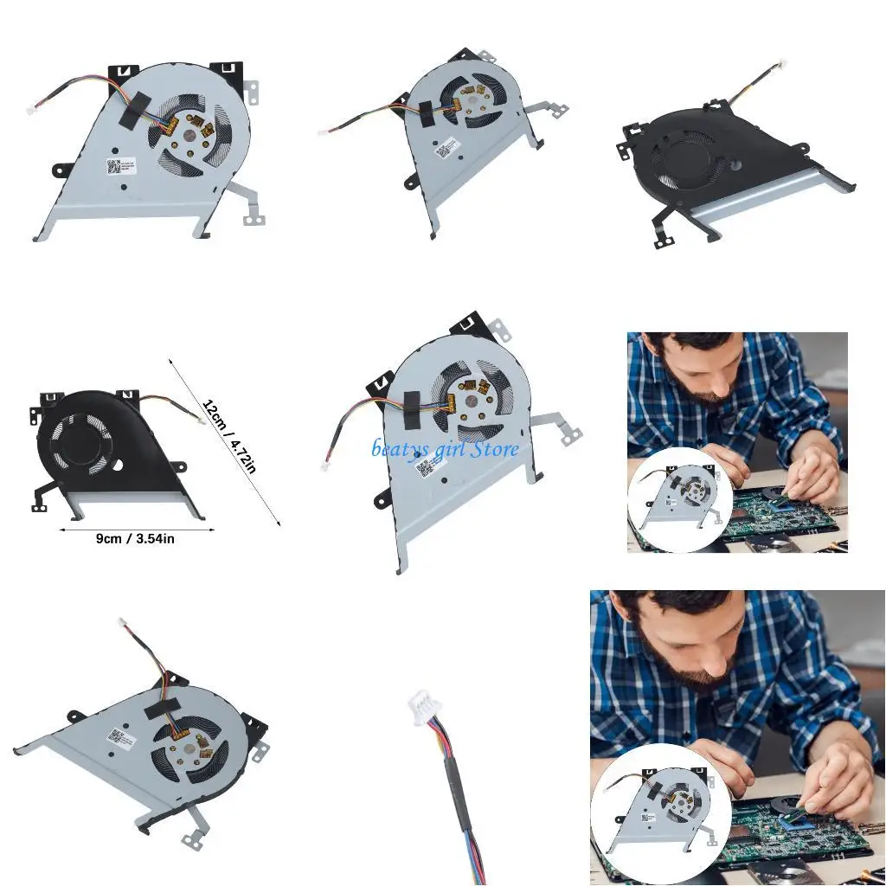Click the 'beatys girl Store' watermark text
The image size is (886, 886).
pyautogui.click(x=446, y=448)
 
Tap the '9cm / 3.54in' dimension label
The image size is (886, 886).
pyautogui.click(x=135, y=538)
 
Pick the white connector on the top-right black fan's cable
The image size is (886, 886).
pyautogui.click(x=783, y=63)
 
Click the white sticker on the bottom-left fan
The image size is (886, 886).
pyautogui.click(x=118, y=736)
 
